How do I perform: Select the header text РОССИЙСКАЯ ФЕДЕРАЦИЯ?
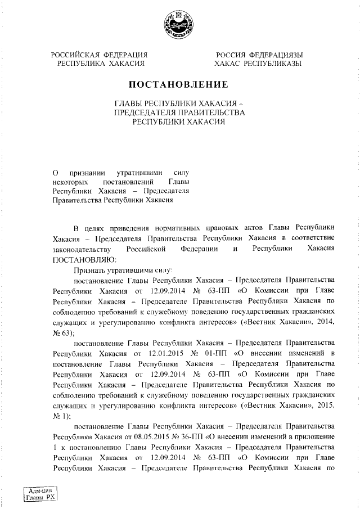tap(100, 55)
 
